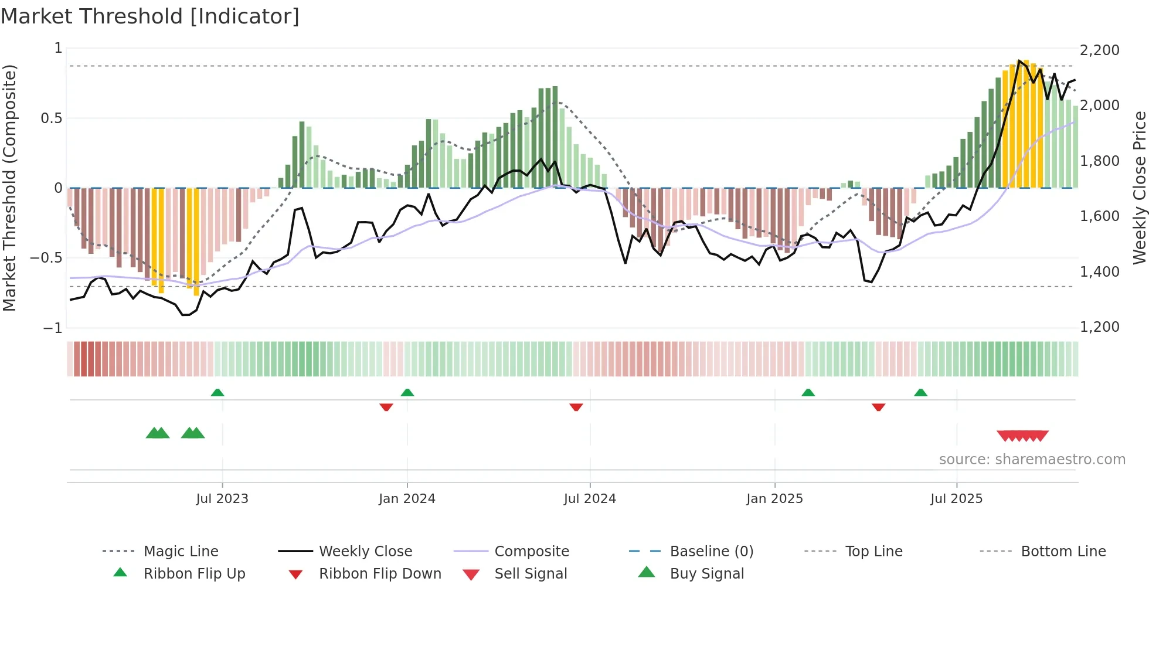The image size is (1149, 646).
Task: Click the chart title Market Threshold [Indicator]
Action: [150, 16]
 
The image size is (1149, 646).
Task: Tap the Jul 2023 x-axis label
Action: [222, 499]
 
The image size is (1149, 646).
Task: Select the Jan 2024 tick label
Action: [407, 499]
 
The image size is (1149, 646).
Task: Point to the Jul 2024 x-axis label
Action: [590, 499]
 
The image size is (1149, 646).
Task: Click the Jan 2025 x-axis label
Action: [774, 499]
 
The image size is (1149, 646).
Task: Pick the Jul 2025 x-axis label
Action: [956, 499]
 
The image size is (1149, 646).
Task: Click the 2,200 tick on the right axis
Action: [1099, 50]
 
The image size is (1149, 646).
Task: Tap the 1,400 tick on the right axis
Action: [1099, 272]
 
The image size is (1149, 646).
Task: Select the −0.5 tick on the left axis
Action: [46, 258]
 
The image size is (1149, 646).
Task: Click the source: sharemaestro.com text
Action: [1032, 460]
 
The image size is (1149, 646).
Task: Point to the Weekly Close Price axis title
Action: [1139, 188]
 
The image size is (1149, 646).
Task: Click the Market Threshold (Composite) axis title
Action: [9, 188]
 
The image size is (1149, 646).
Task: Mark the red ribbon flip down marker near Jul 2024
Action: [576, 407]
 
